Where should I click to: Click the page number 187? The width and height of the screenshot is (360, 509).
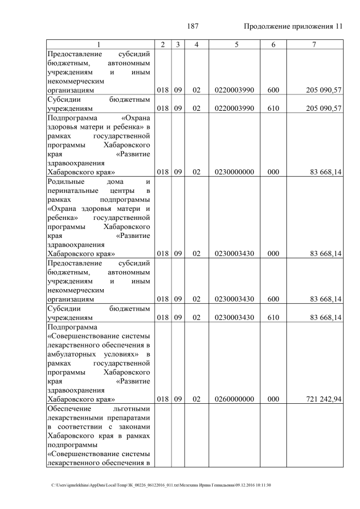193,26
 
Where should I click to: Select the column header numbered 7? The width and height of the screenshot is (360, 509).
314,44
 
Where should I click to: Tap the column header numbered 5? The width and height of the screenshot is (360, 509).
234,44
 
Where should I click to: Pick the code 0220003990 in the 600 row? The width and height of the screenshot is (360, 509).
234,90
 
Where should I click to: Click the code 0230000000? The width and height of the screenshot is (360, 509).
234,172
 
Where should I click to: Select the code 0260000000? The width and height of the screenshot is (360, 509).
234,399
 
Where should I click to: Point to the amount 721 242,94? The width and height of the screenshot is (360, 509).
323,399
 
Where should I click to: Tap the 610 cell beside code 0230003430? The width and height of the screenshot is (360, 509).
273,318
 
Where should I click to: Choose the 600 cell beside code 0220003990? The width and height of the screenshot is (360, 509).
273,90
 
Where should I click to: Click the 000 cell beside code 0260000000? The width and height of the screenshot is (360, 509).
273,399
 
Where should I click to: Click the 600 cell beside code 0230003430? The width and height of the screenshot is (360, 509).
273,299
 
